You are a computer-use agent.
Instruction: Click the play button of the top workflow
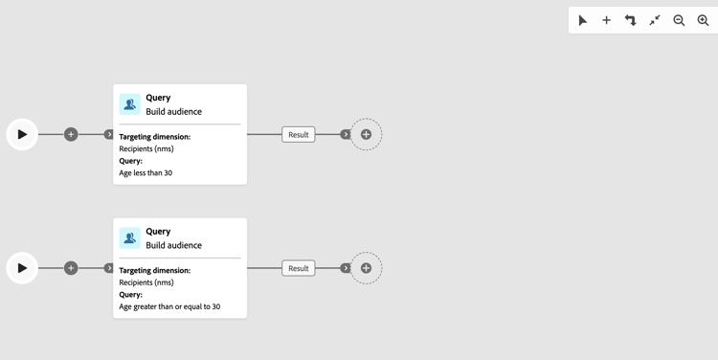(22, 134)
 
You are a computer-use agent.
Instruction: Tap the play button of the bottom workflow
(22, 268)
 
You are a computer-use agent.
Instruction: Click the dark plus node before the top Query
(71, 134)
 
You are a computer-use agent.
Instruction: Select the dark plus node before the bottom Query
(71, 268)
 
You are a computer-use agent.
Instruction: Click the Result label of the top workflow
(299, 135)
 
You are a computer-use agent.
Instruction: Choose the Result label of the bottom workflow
(299, 268)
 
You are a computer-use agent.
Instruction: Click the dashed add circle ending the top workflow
(366, 134)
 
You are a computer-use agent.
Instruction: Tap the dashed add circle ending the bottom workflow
(366, 268)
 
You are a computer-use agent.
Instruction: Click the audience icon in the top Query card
(130, 104)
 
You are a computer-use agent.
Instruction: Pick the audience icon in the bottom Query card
(130, 237)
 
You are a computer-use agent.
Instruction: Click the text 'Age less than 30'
(146, 173)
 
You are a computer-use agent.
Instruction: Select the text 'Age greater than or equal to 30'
(169, 307)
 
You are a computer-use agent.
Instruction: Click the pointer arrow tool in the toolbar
(582, 20)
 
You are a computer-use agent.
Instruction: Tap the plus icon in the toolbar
(606, 20)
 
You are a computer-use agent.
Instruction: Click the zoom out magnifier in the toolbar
(679, 20)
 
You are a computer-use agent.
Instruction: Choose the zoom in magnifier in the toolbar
(703, 20)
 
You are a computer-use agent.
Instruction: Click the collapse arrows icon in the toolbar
(655, 20)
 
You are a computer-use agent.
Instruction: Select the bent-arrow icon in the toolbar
(630, 20)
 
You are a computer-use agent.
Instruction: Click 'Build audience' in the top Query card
(173, 112)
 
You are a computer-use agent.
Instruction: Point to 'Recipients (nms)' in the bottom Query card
(146, 282)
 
